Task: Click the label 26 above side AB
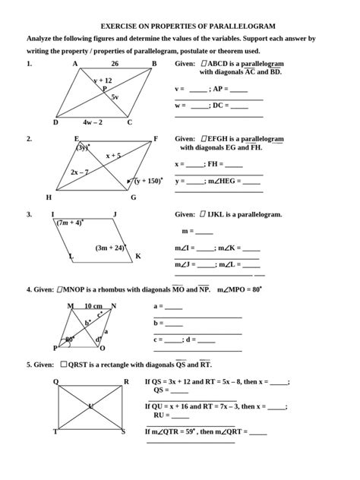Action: click(x=115, y=64)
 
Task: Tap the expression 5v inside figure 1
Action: click(x=115, y=97)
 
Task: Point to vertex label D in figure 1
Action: click(x=55, y=122)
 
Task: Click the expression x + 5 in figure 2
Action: click(x=113, y=155)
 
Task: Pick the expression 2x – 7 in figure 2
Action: click(x=79, y=172)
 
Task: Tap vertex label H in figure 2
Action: click(x=49, y=197)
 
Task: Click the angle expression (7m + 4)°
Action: click(x=69, y=223)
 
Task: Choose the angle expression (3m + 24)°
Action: click(x=111, y=248)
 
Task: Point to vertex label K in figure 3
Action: click(x=138, y=257)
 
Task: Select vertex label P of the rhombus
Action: click(x=55, y=348)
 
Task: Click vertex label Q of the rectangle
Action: click(x=55, y=381)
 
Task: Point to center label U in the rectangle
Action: click(x=90, y=406)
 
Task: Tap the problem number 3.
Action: click(x=29, y=214)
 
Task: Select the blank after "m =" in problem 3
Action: click(x=204, y=231)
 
